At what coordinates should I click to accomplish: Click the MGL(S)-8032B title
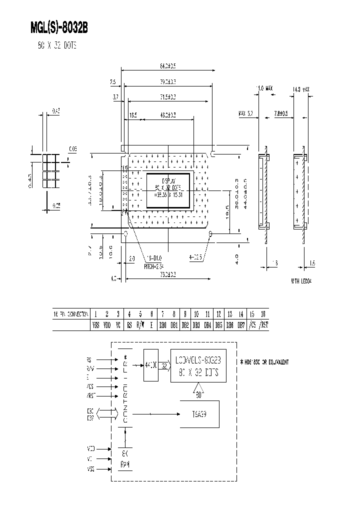click(x=59, y=28)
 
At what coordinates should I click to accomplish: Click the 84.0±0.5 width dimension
click(x=168, y=65)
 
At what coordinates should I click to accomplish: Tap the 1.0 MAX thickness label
click(x=265, y=88)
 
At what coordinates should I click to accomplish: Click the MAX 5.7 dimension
click(x=246, y=114)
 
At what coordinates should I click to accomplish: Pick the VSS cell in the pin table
click(x=95, y=325)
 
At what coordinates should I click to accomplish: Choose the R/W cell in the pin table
click(x=140, y=325)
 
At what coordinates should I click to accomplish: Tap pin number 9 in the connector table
click(x=185, y=314)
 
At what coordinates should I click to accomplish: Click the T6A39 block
click(x=199, y=414)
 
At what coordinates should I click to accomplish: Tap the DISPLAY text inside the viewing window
click(x=168, y=181)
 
